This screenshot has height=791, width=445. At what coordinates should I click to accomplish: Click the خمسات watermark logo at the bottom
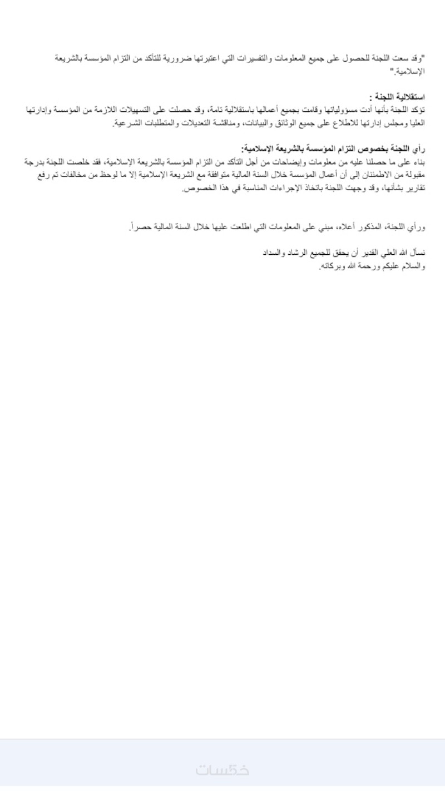tap(222, 770)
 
